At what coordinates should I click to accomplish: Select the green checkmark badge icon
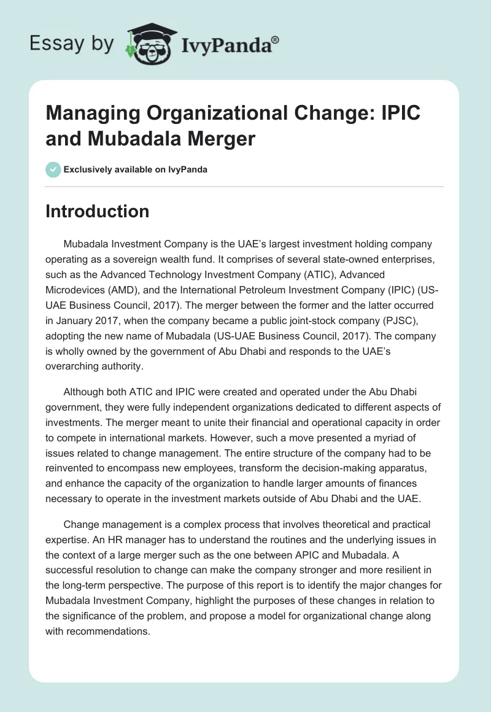53,169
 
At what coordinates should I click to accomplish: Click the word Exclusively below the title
89,169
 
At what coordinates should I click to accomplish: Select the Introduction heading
97,211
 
